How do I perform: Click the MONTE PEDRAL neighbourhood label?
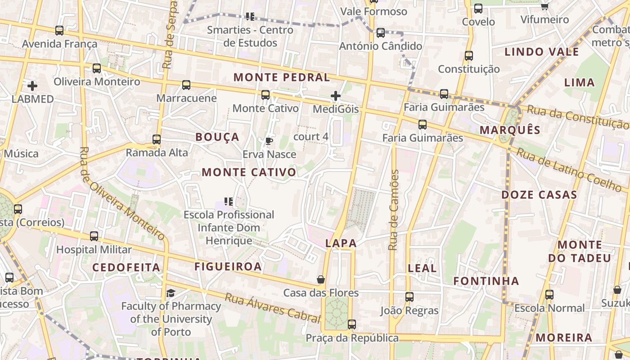(282, 77)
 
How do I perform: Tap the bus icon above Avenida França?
(59, 31)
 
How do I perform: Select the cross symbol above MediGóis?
(336, 96)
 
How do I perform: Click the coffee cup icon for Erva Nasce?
(269, 141)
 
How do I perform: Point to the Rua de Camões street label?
(394, 210)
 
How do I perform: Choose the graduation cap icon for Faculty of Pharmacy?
(171, 293)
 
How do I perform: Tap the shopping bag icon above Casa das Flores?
(321, 280)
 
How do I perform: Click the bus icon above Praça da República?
(352, 324)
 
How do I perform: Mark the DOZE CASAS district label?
(539, 195)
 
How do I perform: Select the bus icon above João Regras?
(409, 297)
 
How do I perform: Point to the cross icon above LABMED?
(32, 85)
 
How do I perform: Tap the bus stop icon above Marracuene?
(186, 85)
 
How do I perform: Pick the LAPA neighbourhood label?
(341, 243)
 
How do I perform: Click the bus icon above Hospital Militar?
(94, 236)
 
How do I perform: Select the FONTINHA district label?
(486, 281)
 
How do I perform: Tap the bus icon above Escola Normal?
(549, 295)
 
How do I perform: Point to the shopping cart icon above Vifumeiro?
(544, 6)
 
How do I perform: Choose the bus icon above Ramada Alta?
(157, 139)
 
